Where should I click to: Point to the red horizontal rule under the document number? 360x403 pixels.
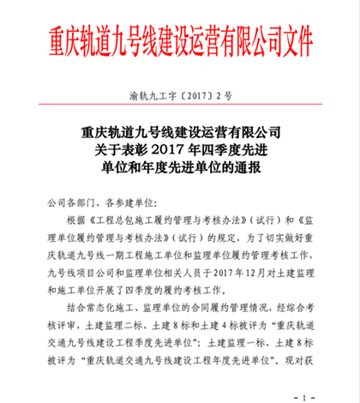(x=180, y=105)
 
